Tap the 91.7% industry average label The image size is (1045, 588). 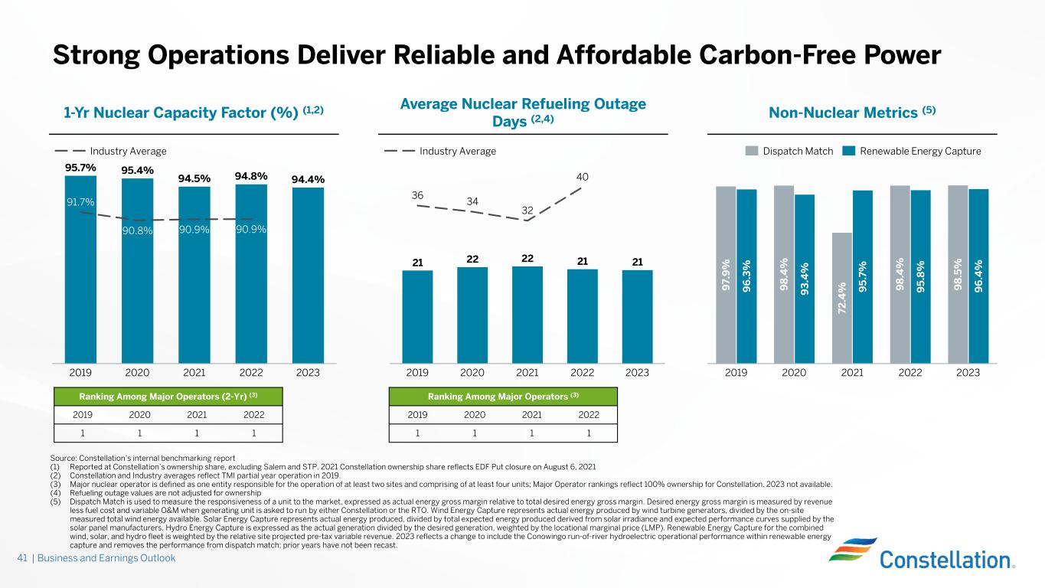click(x=80, y=203)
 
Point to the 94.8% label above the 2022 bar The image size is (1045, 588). click(x=251, y=177)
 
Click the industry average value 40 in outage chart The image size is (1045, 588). click(x=583, y=178)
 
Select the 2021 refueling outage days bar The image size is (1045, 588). click(x=527, y=314)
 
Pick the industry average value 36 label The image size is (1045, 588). click(x=417, y=195)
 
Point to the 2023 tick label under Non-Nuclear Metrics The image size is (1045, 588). click(x=968, y=373)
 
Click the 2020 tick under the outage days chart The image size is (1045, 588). click(x=472, y=373)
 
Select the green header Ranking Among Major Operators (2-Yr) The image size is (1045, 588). click(x=168, y=396)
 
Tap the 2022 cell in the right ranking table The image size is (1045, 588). click(x=589, y=415)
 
